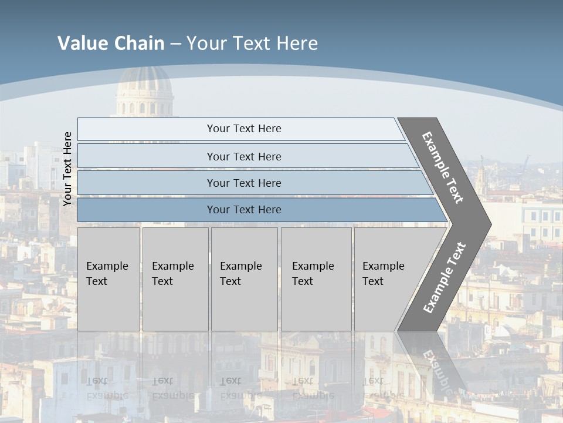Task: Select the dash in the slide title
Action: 175,43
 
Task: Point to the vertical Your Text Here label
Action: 67,169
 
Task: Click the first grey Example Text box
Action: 108,279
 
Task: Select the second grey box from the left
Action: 175,279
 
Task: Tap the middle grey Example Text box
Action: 244,279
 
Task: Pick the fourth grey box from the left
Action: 316,279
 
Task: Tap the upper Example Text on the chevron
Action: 443,167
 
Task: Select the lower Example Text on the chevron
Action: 444,277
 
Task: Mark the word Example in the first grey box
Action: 107,266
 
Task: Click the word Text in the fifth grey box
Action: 373,281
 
